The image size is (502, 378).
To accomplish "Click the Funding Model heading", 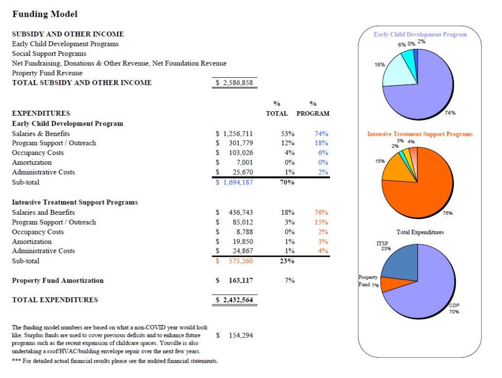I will click(x=45, y=14).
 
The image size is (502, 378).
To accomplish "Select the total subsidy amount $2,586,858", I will click(x=235, y=83).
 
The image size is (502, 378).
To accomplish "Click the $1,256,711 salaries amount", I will click(x=235, y=133).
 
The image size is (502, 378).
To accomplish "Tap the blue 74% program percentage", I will click(x=321, y=133).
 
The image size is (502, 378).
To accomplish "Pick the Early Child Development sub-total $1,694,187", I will click(x=235, y=182).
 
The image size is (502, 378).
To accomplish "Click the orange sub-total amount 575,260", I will click(x=241, y=261).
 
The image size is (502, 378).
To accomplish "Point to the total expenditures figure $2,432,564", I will click(x=235, y=300).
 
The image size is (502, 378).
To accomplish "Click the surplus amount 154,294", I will click(x=241, y=335).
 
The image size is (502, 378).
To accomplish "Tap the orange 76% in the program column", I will click(x=321, y=212).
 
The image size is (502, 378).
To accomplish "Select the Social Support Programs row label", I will click(x=49, y=53).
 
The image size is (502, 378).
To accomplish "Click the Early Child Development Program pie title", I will click(x=420, y=35).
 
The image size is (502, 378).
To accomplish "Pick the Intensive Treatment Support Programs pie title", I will click(x=420, y=134).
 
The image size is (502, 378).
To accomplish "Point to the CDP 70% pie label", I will click(x=454, y=308).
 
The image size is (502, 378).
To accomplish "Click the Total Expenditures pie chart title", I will click(x=420, y=232).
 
